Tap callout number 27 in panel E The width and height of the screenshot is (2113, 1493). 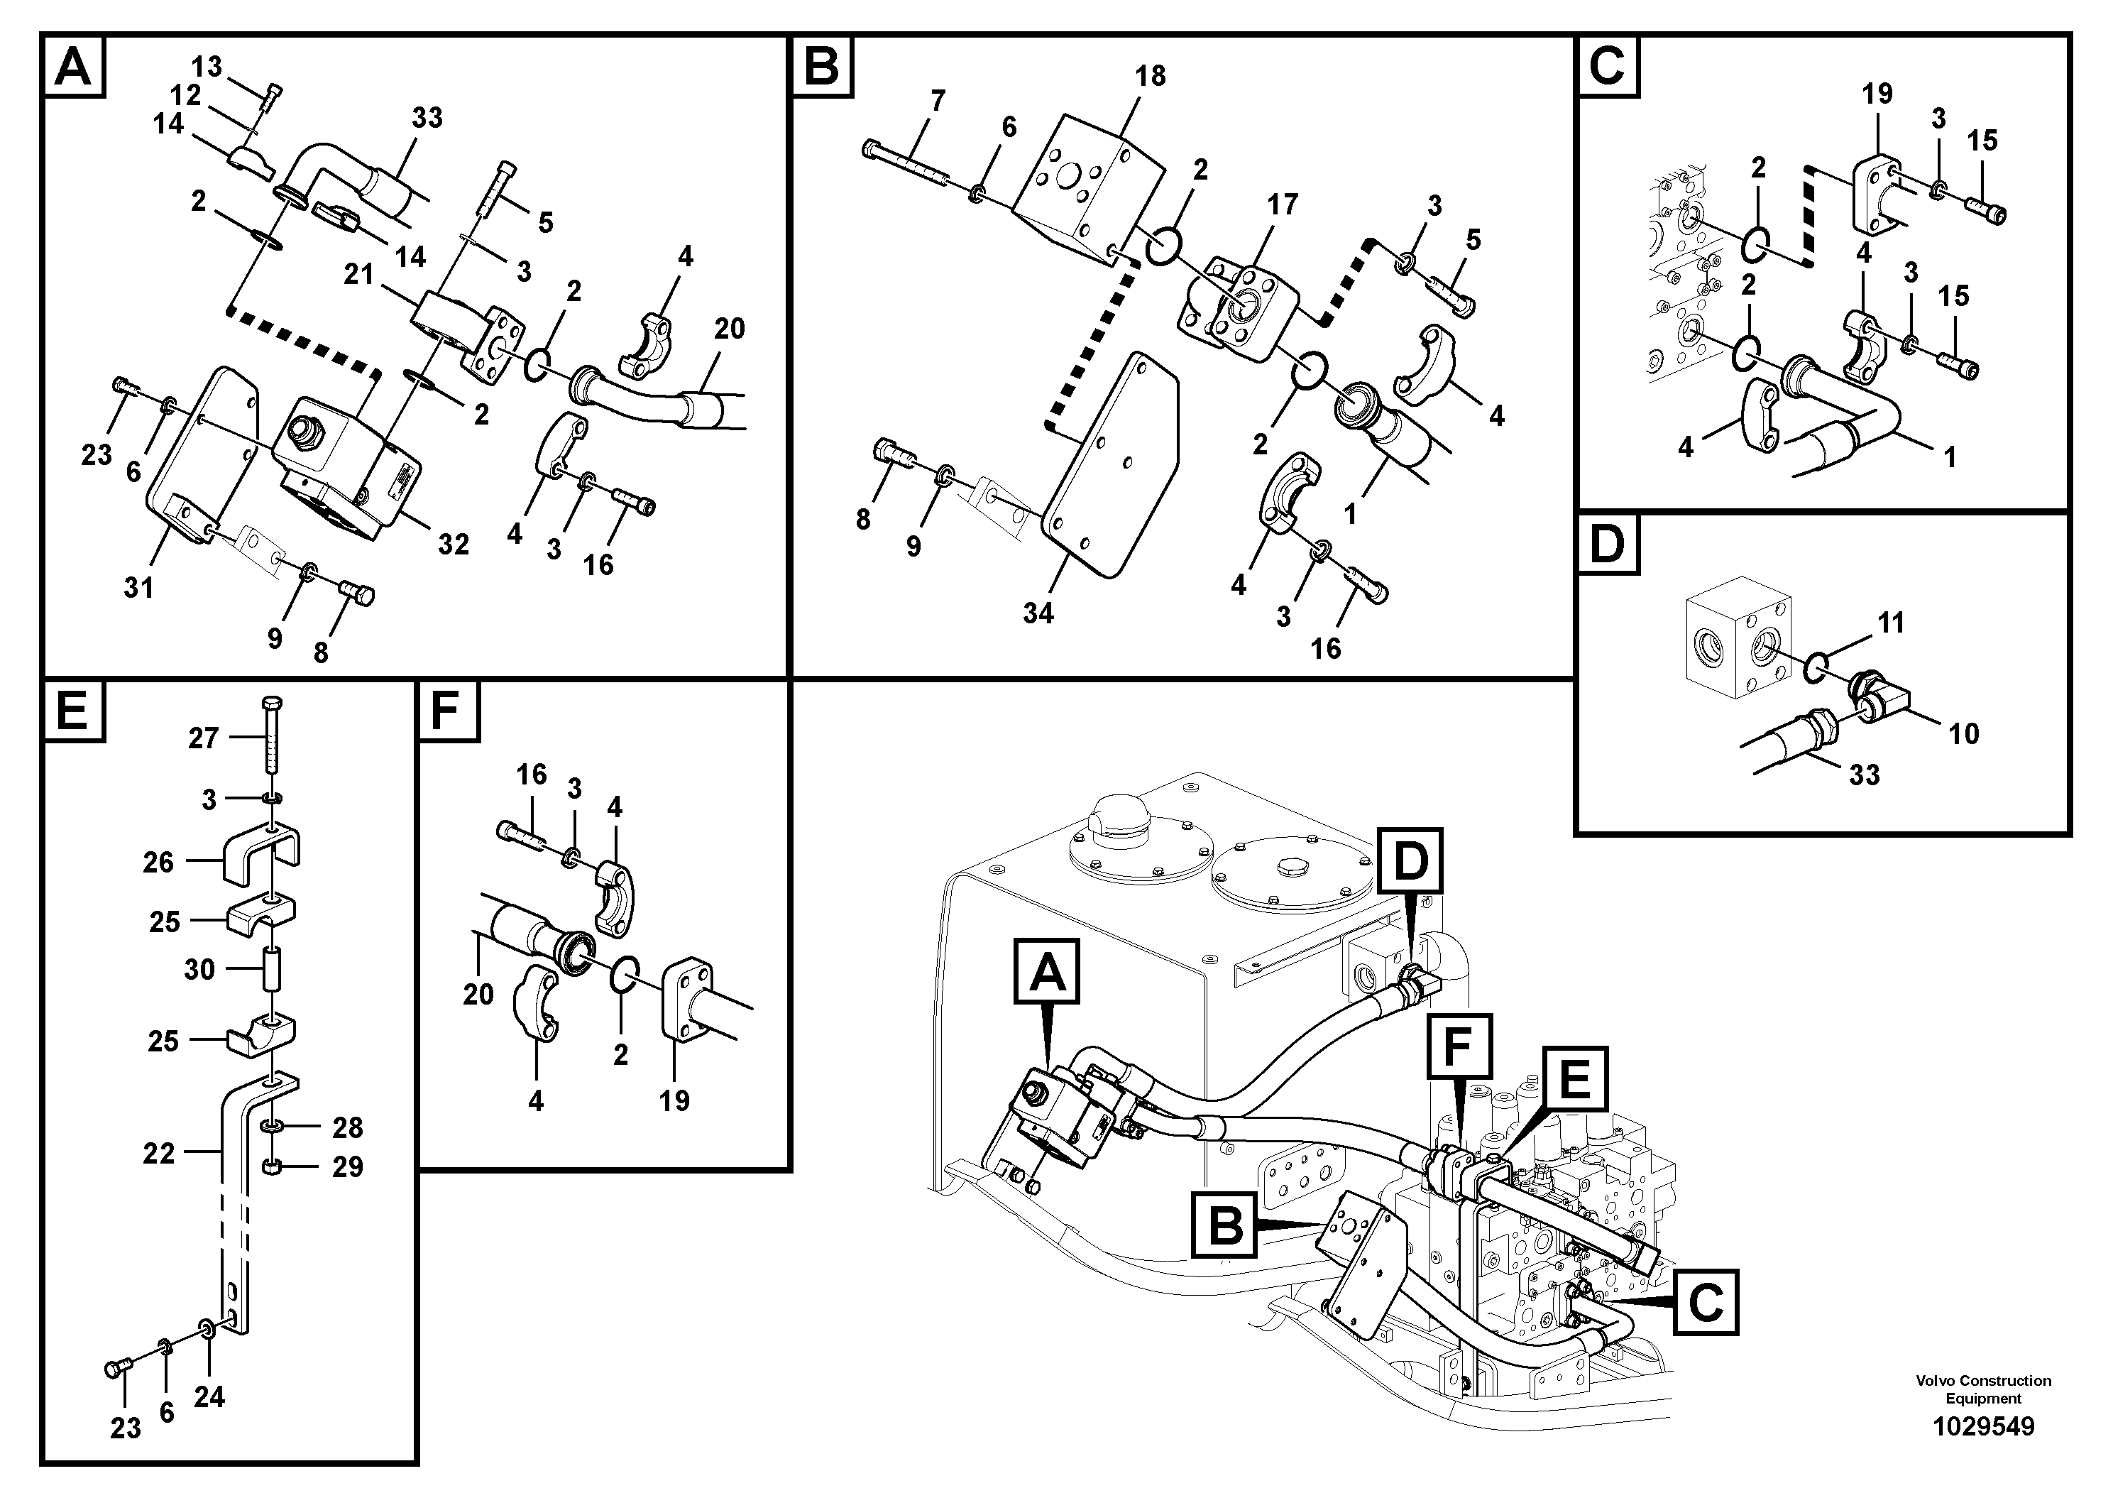[204, 738]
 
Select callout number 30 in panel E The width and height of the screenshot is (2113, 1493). [199, 969]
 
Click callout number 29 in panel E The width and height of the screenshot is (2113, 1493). [347, 1167]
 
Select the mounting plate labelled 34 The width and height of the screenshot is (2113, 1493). [1109, 469]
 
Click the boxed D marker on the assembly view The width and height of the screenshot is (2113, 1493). [1410, 860]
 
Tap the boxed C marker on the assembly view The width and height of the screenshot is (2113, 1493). [1706, 1301]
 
